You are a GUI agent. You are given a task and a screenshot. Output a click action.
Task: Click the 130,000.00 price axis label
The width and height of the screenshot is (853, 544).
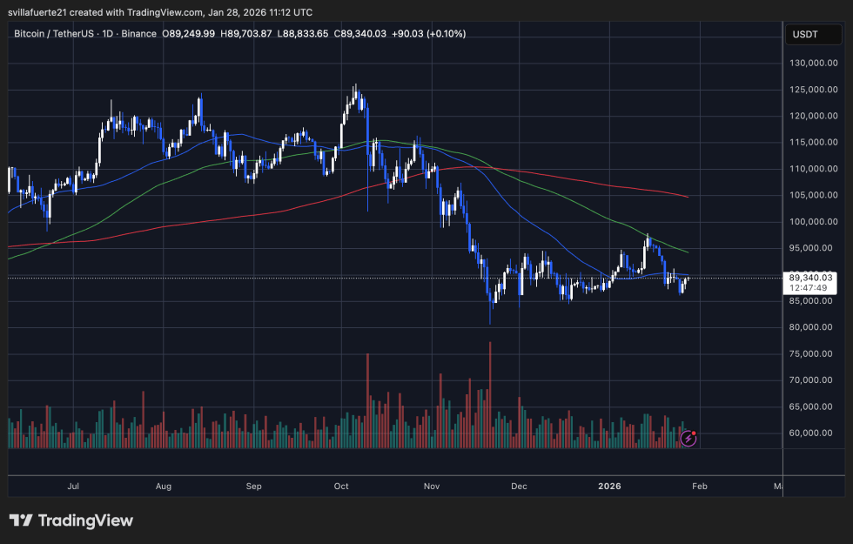[813, 63]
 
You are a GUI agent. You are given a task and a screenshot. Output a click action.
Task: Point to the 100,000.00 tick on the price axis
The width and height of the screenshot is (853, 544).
[813, 221]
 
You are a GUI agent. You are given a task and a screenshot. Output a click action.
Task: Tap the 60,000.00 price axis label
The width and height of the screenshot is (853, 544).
[813, 433]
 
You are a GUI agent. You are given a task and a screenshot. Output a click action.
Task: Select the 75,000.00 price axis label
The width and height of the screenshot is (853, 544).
[813, 353]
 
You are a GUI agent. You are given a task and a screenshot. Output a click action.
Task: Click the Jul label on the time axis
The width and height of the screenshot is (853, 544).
[73, 487]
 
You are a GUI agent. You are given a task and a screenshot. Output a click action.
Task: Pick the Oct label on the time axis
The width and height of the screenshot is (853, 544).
[341, 487]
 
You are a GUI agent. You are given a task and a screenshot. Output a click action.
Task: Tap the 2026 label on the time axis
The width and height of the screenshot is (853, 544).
[608, 487]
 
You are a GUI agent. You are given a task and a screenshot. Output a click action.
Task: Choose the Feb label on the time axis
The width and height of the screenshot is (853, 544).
[697, 487]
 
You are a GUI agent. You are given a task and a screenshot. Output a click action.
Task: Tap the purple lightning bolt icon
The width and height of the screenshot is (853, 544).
[688, 438]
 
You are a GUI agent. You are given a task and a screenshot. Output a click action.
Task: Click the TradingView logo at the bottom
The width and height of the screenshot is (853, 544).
[71, 520]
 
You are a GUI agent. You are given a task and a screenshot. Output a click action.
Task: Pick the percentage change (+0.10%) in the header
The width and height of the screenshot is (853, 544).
[444, 34]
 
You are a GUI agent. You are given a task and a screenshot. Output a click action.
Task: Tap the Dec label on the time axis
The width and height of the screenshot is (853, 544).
[520, 487]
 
